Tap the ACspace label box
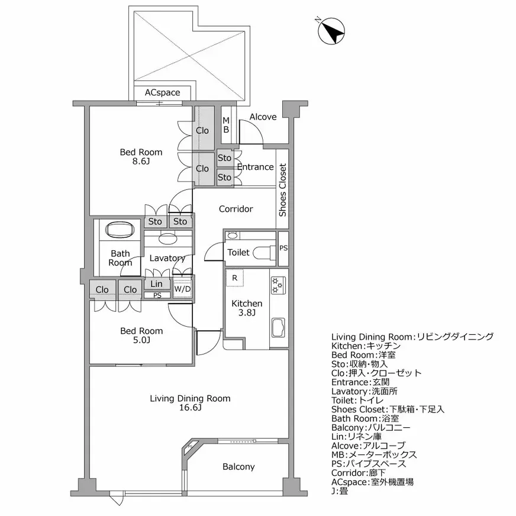pos(162,93)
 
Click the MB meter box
pos(226,125)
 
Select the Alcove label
pos(263,117)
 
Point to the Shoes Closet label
pos(283,189)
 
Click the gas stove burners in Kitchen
pos(278,285)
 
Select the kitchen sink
pos(278,326)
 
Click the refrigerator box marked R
pos(235,278)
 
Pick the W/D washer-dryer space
pos(182,289)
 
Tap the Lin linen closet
pos(156,284)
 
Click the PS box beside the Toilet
pos(283,248)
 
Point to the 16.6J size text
pos(190,408)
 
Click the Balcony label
pos(238,467)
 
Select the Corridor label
pos(236,209)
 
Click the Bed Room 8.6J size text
pos(141,162)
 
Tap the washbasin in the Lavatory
pos(168,238)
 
